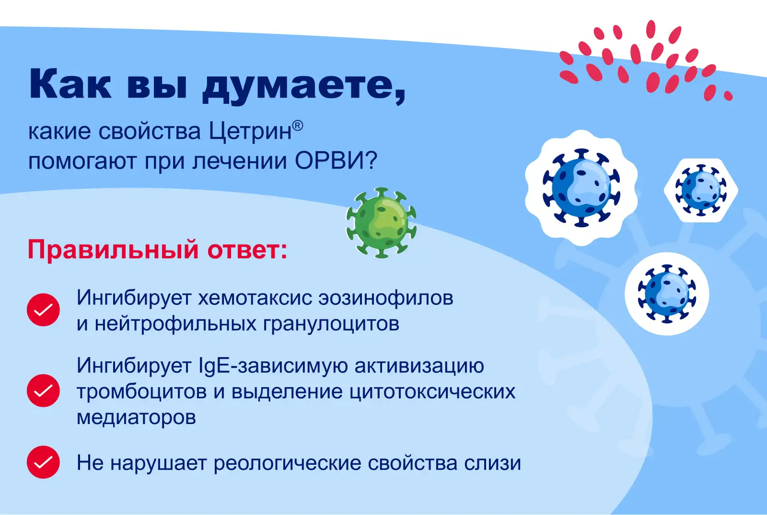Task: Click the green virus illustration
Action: pos(381,223)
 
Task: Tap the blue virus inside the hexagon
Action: pos(701,190)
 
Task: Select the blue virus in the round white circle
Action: pos(667,294)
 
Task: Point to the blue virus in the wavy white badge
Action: pos(581,188)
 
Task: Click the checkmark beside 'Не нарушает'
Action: pos(44,462)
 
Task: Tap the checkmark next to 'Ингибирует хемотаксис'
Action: pos(44,310)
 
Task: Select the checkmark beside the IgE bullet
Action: pos(44,391)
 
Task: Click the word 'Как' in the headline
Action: pos(70,83)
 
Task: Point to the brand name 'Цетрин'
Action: pos(250,131)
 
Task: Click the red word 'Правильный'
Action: pos(113,250)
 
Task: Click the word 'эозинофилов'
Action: pos(386,298)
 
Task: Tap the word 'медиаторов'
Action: pos(136,417)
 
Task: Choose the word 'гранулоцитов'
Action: pos(331,324)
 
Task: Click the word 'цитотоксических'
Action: pos(432,392)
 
